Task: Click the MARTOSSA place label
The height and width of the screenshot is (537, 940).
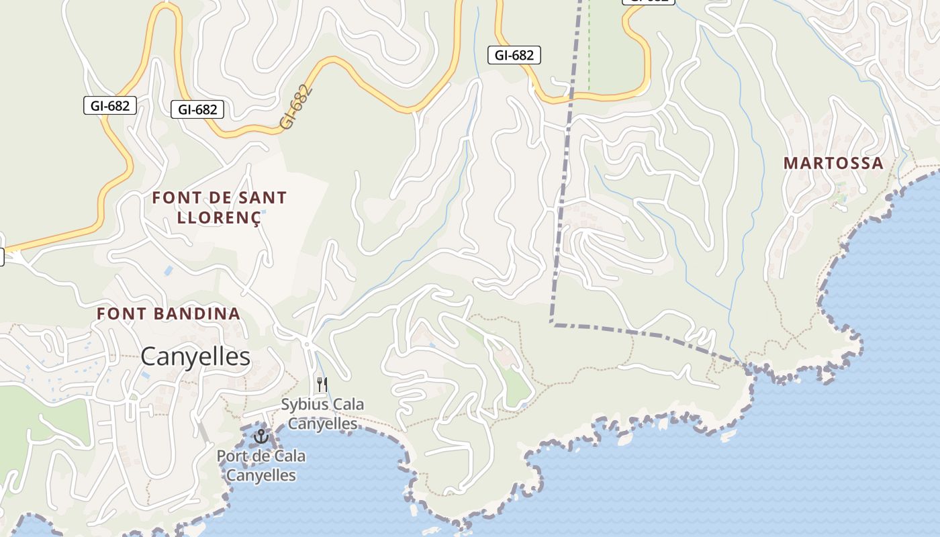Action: click(x=833, y=163)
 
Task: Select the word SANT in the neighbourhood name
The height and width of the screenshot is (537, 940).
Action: click(x=261, y=198)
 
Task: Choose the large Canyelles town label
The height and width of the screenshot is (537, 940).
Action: click(x=195, y=357)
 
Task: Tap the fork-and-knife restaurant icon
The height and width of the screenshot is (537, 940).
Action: click(x=322, y=385)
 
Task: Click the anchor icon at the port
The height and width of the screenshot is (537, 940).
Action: click(x=260, y=437)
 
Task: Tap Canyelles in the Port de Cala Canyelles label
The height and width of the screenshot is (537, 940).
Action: click(x=261, y=475)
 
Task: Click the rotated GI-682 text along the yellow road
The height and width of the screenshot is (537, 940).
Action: click(x=296, y=107)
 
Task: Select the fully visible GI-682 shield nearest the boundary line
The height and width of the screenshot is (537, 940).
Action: click(x=514, y=56)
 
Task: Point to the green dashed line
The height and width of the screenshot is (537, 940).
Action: click(x=589, y=47)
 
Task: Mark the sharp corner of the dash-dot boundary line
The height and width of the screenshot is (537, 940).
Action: click(x=552, y=324)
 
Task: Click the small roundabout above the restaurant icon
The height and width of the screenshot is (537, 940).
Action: click(x=307, y=344)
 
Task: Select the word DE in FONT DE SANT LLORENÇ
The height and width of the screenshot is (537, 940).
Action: click(x=222, y=198)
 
